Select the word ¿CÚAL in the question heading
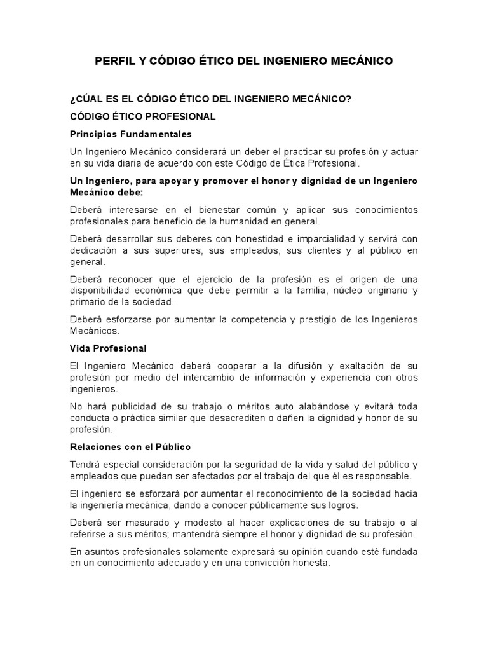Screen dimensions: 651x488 pyautogui.click(x=86, y=100)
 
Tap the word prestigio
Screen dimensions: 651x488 pyautogui.click(x=304, y=320)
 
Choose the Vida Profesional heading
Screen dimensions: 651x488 pyautogui.click(x=108, y=348)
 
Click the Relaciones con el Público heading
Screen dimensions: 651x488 pyautogui.click(x=130, y=446)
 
